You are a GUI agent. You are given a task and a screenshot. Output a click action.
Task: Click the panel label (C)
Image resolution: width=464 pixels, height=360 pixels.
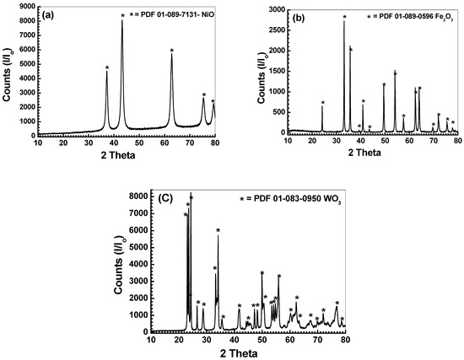pyautogui.click(x=166, y=199)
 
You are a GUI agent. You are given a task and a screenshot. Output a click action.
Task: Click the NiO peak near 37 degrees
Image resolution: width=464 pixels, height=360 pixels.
pyautogui.click(x=106, y=73)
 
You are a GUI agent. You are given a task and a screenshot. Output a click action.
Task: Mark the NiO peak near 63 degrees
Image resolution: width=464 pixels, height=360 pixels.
pyautogui.click(x=171, y=56)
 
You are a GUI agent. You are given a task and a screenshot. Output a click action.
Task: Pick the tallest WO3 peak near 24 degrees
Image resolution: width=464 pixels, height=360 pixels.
pyautogui.click(x=191, y=202)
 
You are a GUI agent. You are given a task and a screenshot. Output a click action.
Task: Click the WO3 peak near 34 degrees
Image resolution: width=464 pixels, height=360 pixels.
pyautogui.click(x=218, y=236)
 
